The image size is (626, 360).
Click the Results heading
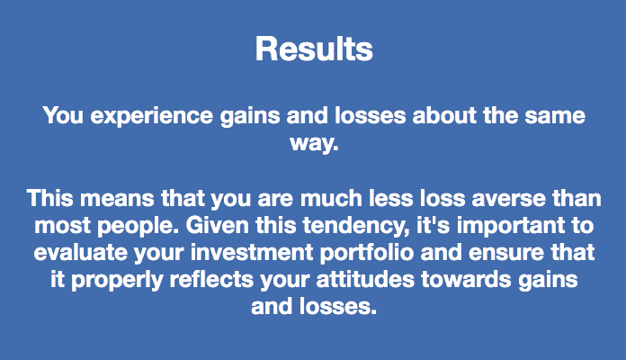pos(314,49)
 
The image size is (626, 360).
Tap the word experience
pos(152,117)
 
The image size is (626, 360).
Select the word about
pos(444,115)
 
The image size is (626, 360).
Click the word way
pos(314,144)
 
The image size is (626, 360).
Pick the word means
pos(117,199)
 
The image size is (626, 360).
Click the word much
pos(331,198)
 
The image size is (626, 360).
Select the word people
pos(139,227)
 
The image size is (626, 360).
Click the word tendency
pos(356,227)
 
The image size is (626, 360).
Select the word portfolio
pos(367,253)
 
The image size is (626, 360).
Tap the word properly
pos(117,281)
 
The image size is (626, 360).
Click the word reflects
pos(211,279)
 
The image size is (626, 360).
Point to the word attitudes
pos(366,279)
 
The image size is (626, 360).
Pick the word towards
pos(466,279)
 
